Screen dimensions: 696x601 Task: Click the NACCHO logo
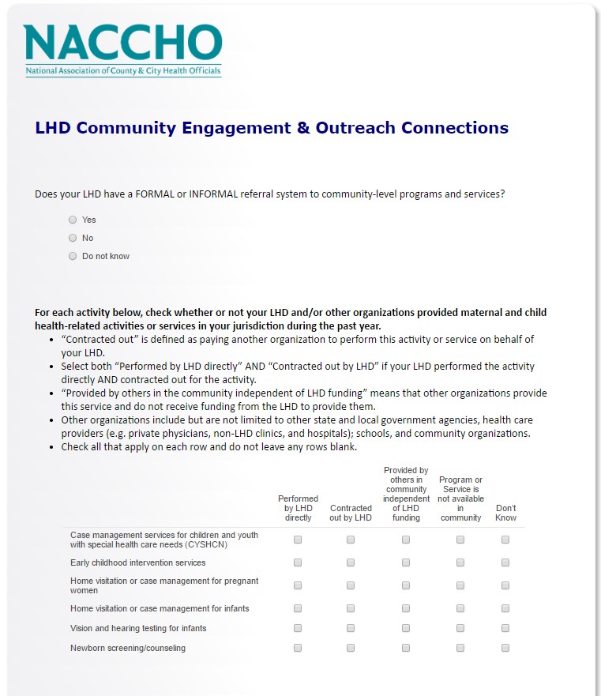tap(122, 44)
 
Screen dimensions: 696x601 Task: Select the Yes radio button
tap(73, 220)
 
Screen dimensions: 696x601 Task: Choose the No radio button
tap(73, 238)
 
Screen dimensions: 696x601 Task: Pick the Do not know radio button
tap(73, 256)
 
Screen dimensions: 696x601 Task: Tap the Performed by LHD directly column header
tap(298, 508)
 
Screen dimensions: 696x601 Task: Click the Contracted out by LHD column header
tap(351, 513)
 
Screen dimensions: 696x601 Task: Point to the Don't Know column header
tap(505, 513)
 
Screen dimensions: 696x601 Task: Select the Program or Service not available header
tap(460, 498)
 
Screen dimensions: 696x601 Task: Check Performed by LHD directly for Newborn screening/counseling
tap(298, 648)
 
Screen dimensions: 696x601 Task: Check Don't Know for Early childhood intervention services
tap(505, 562)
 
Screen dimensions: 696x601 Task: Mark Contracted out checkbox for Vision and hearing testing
tap(351, 628)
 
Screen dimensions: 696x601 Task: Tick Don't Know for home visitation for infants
tap(505, 608)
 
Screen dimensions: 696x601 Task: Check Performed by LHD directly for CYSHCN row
tap(298, 540)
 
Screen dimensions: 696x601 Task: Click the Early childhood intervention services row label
tap(137, 562)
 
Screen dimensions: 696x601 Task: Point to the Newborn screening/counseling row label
tap(128, 648)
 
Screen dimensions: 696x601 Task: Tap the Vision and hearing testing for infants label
tap(138, 628)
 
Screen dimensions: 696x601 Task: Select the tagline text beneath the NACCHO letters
tap(123, 71)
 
